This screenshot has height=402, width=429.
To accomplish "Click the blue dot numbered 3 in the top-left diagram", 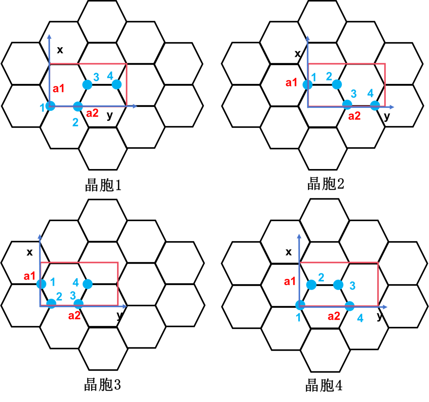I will pyautogui.click(x=87, y=85).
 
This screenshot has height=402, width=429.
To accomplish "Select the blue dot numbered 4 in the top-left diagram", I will pyautogui.click(x=117, y=84).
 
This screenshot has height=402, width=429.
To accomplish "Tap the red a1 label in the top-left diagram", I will pyautogui.click(x=59, y=89).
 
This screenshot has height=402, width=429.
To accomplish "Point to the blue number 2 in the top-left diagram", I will pyautogui.click(x=75, y=123).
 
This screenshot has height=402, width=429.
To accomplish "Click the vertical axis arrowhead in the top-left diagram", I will pyautogui.click(x=49, y=36).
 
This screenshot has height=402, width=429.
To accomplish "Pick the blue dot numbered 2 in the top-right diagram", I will pyautogui.click(x=337, y=84).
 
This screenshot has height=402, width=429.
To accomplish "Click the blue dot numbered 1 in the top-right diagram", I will pyautogui.click(x=307, y=85).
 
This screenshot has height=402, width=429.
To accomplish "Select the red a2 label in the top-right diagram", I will pyautogui.click(x=354, y=116).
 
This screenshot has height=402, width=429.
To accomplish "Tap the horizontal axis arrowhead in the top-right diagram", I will pyautogui.click(x=392, y=107).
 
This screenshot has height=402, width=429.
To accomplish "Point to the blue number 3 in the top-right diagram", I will pyautogui.click(x=354, y=94).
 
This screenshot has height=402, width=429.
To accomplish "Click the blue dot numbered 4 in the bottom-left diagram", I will pyautogui.click(x=87, y=284).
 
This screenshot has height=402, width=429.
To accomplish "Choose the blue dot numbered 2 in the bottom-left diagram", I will pyautogui.click(x=51, y=304).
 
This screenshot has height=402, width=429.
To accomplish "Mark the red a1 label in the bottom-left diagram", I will pyautogui.click(x=30, y=276).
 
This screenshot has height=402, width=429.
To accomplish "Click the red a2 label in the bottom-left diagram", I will pyautogui.click(x=74, y=316).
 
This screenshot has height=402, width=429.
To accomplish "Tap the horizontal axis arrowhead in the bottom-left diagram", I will pyautogui.click(x=125, y=306).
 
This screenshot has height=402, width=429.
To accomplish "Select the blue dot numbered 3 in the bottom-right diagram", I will pyautogui.click(x=338, y=285).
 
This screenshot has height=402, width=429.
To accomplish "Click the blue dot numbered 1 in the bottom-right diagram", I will pyautogui.click(x=301, y=305).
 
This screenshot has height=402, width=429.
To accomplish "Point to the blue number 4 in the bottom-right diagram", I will pyautogui.click(x=360, y=318).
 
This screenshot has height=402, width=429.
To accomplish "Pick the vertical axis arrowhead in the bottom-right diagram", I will pyautogui.click(x=299, y=237).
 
